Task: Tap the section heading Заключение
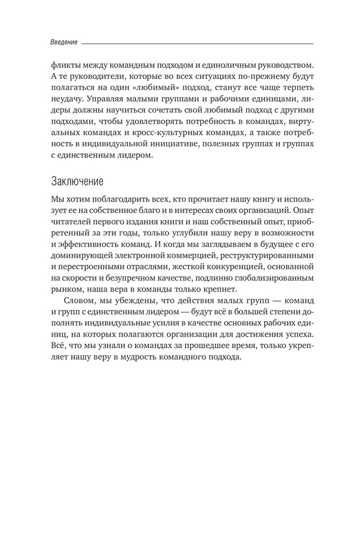(78, 180)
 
